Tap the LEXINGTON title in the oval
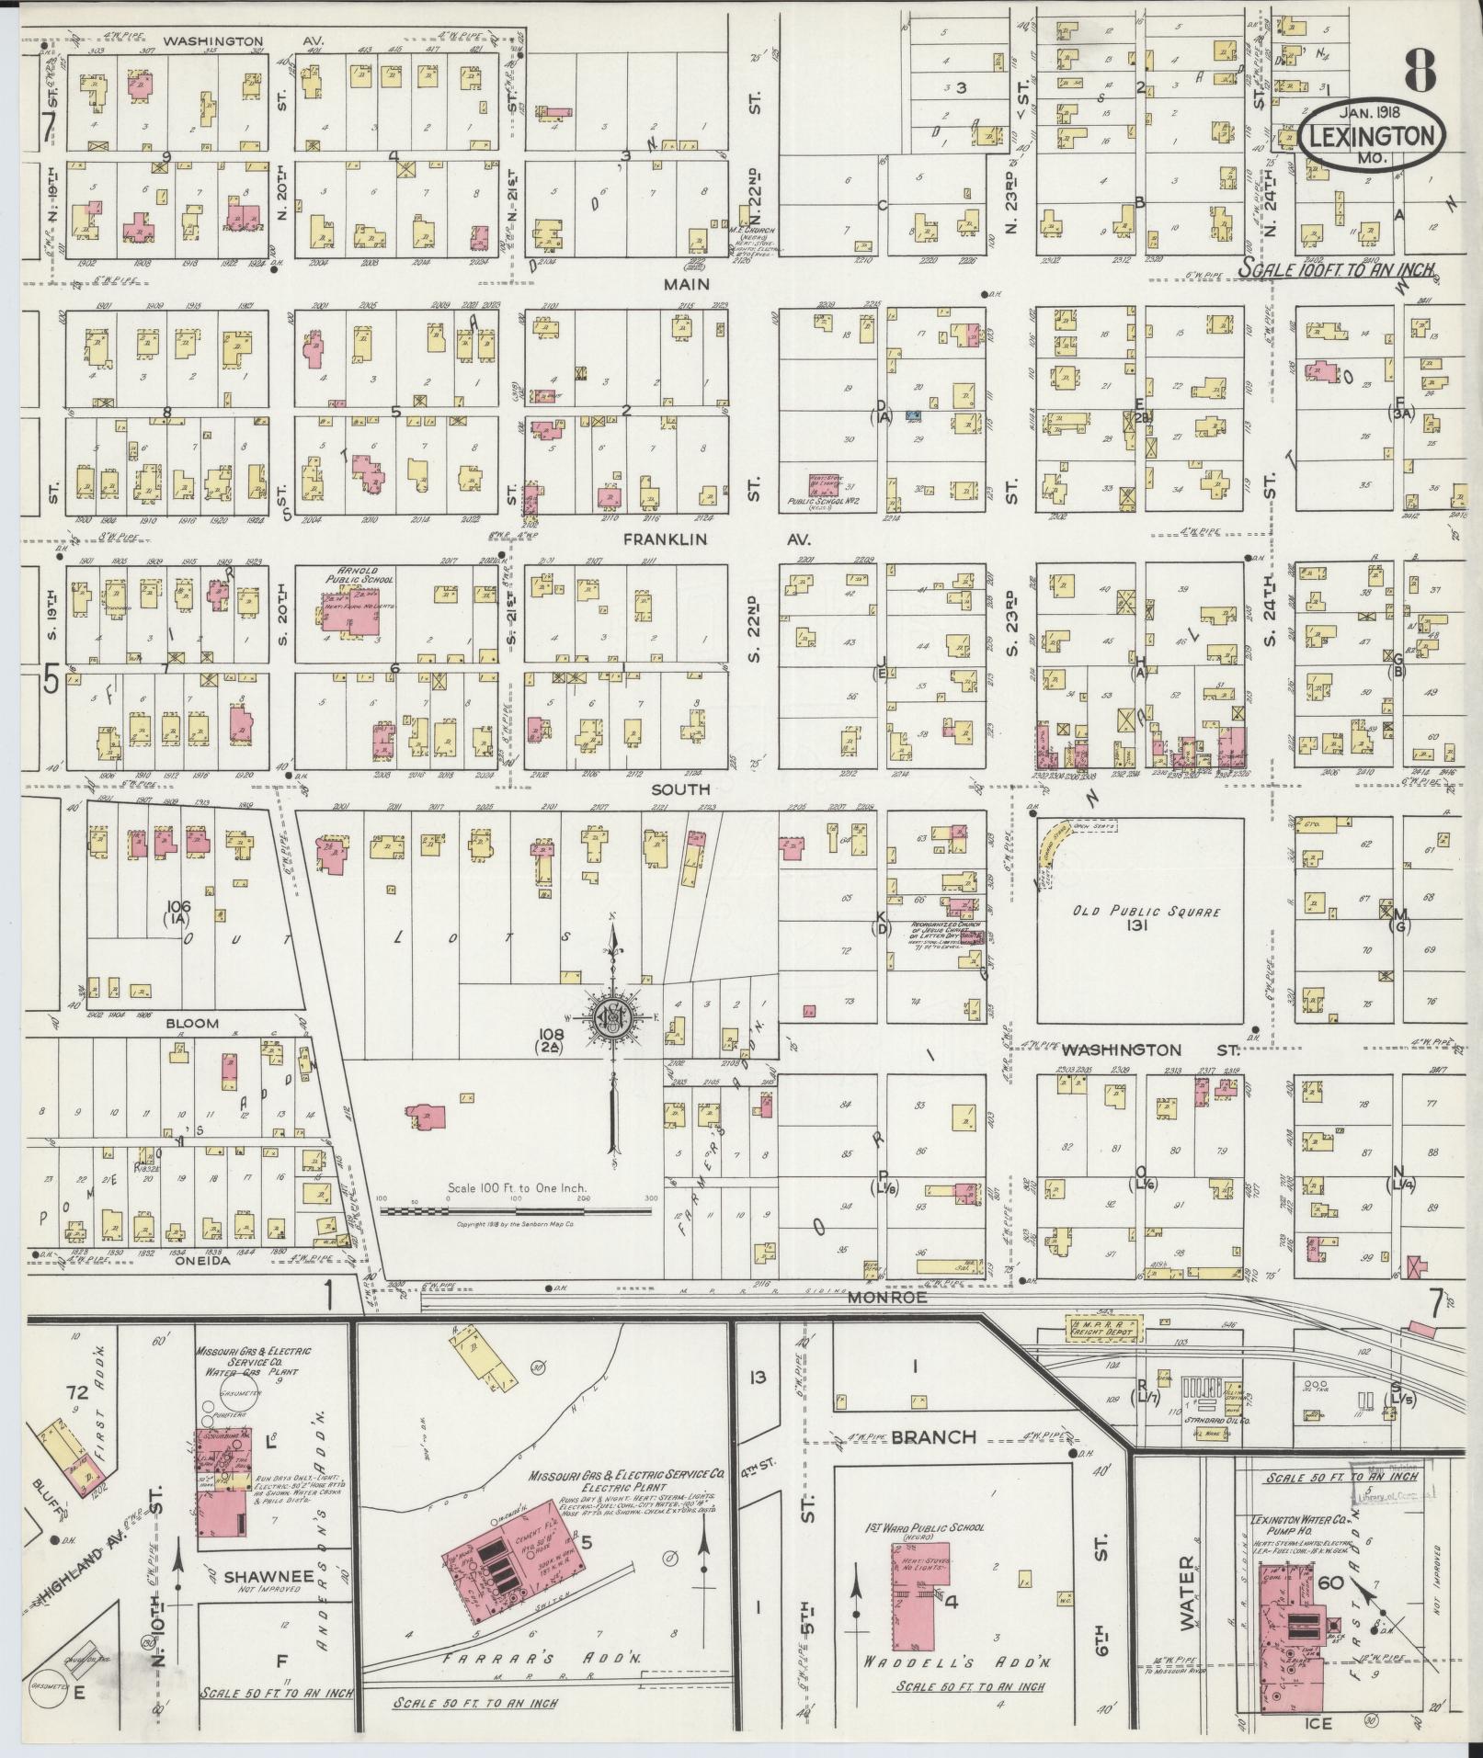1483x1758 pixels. pos(1372,138)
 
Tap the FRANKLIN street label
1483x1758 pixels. pos(664,539)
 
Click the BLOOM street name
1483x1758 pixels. pos(192,1023)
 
